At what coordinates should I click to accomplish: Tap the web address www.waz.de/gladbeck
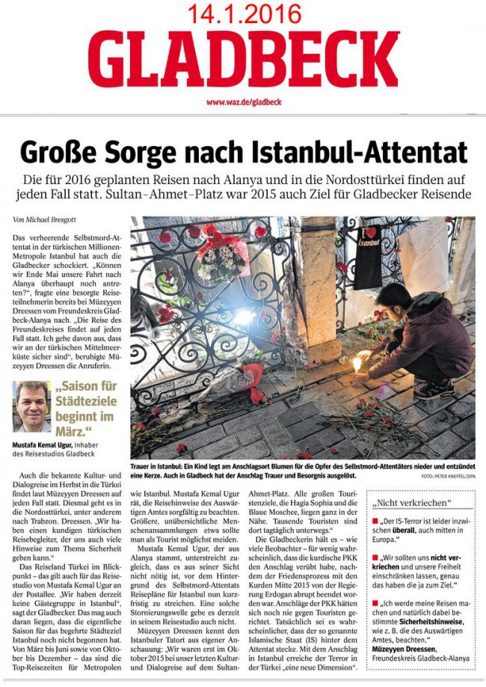coord(242,102)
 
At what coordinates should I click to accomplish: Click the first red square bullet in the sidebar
coord(375,519)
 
